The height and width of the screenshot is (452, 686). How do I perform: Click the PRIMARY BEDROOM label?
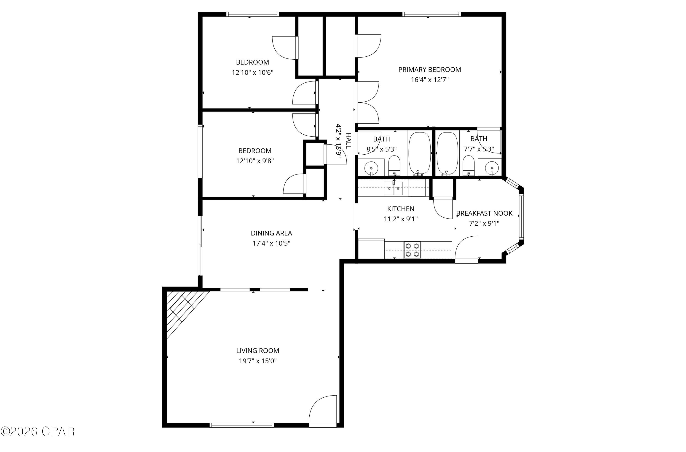pos(429,70)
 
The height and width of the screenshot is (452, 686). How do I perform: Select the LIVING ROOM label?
pos(257,351)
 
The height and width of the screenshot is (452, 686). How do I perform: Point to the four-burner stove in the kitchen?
pos(412,250)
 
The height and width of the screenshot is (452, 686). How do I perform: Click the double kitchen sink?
pos(393,188)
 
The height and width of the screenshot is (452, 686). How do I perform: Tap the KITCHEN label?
pos(401,209)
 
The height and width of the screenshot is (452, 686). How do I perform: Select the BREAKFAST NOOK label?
pos(484,214)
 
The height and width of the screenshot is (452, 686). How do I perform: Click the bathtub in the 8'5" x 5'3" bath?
pos(420,153)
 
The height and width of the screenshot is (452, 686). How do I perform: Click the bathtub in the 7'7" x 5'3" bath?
pos(447,153)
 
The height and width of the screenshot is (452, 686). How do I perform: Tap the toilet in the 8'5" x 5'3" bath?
pos(394,165)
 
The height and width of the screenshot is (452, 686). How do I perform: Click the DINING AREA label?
pos(271,233)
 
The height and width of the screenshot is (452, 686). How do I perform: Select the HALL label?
pos(348,141)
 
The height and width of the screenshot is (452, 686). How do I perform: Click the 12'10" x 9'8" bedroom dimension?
pos(255,161)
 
